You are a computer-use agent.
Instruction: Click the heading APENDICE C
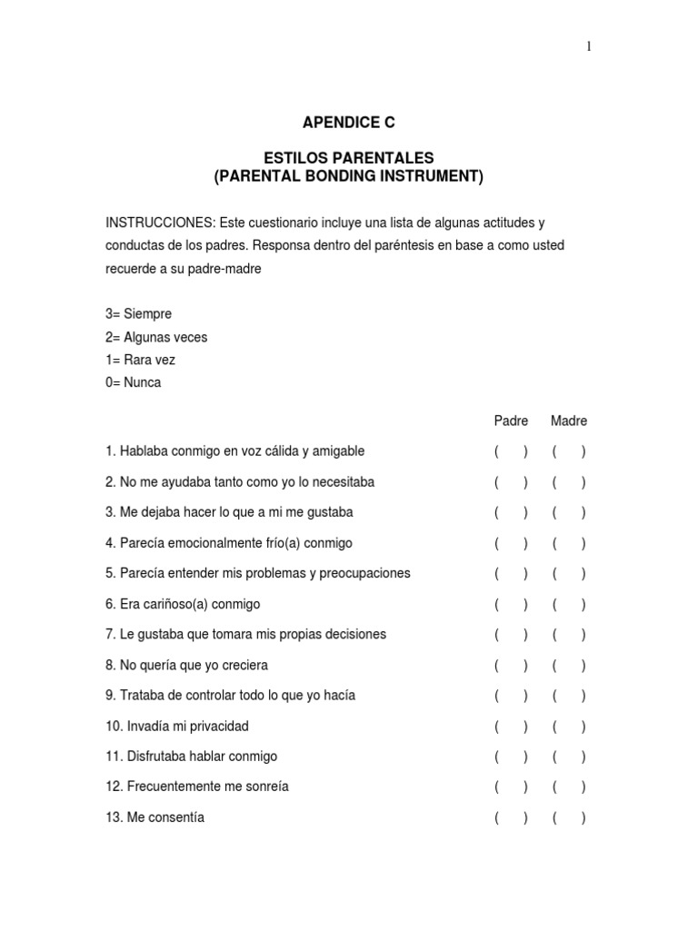[349, 122]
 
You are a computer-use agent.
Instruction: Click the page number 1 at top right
[589, 48]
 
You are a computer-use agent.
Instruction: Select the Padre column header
[511, 420]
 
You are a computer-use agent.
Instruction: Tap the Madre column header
[569, 420]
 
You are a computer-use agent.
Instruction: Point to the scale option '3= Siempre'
[138, 314]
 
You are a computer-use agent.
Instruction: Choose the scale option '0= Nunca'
[133, 382]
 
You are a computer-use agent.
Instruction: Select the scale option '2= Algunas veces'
[156, 337]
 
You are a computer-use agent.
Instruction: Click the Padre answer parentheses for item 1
[511, 451]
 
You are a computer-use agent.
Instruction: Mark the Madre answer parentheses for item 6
[569, 604]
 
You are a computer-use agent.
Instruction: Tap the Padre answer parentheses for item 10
[511, 727]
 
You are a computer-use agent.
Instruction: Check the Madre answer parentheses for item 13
[569, 818]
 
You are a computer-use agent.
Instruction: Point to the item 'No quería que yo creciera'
[194, 665]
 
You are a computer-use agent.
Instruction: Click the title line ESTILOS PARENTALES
[349, 158]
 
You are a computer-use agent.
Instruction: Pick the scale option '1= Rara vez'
[140, 360]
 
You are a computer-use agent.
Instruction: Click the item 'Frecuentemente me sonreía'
[204, 787]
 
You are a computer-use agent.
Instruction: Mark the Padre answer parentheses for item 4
[511, 543]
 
